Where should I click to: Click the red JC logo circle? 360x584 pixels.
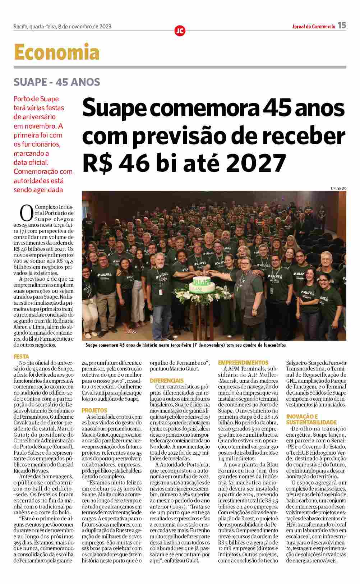pyautogui.click(x=180, y=31)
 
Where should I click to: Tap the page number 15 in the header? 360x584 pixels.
pyautogui.click(x=342, y=26)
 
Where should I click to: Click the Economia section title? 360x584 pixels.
pyautogui.click(x=56, y=52)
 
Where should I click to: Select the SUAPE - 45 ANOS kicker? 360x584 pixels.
pyautogui.click(x=57, y=82)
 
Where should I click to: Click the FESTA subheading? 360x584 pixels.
pyautogui.click(x=21, y=357)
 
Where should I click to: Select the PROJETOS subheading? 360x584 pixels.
pyautogui.click(x=94, y=410)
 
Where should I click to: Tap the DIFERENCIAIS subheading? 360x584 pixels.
pyautogui.click(x=167, y=380)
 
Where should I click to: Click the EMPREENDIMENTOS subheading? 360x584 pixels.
pyautogui.click(x=243, y=363)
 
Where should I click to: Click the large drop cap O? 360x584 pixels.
pyautogui.click(x=27, y=212)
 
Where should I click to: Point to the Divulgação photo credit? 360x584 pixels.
pyautogui.click(x=338, y=188)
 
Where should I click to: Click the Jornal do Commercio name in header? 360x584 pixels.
pyautogui.click(x=314, y=26)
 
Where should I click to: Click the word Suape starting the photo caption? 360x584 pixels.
pyautogui.click(x=93, y=345)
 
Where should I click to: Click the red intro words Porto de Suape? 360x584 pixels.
pyautogui.click(x=36, y=99)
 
